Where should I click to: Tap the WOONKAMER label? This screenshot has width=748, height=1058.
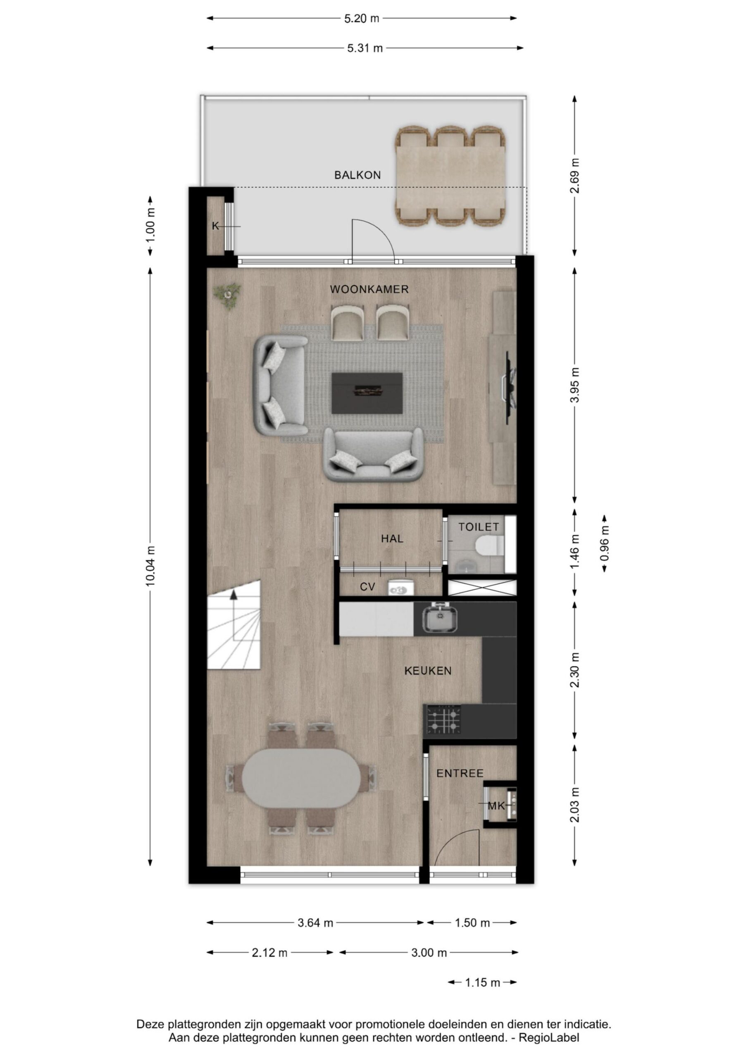click(369, 289)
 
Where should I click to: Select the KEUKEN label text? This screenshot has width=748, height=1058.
click(428, 671)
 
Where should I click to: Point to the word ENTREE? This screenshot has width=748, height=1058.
click(460, 774)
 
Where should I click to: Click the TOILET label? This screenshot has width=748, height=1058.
click(479, 527)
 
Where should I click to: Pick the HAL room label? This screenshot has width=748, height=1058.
click(392, 539)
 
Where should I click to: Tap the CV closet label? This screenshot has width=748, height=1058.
click(367, 587)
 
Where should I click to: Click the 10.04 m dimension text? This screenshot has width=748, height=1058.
click(151, 566)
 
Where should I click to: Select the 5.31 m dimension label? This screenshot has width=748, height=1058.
click(365, 48)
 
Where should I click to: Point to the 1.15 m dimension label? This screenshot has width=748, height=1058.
click(482, 983)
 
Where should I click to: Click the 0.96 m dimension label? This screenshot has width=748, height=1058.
click(605, 543)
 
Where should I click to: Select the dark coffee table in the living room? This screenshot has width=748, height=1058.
click(367, 393)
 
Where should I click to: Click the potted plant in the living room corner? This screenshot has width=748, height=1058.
click(227, 295)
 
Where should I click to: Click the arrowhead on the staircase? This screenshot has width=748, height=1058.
click(233, 594)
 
